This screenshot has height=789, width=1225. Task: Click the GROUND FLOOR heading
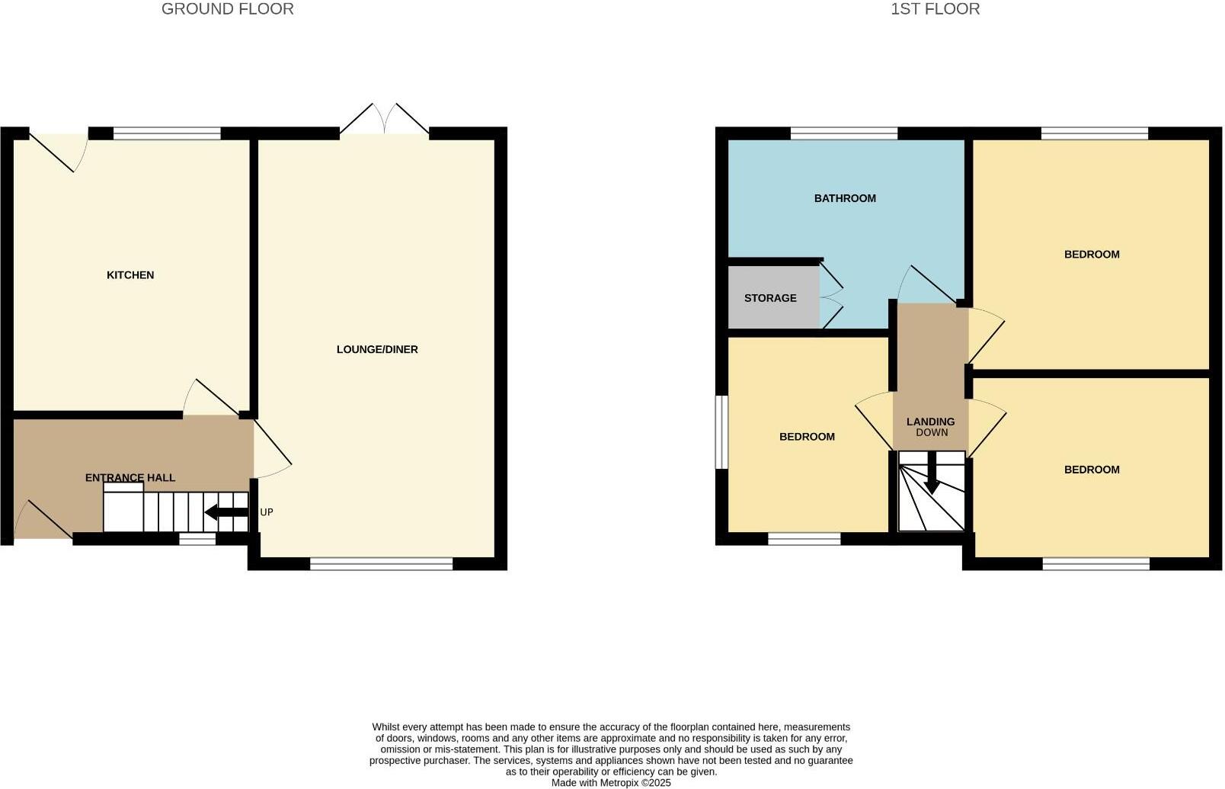pos(227,9)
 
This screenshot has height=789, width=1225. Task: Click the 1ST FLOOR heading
pos(935,9)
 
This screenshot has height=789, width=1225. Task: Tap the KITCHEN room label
pos(130,275)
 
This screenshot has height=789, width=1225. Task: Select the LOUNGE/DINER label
pos(377,349)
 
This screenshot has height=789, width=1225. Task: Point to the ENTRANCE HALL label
pos(130,478)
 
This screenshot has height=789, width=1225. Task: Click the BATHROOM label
pos(845,198)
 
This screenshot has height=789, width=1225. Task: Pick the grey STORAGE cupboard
pos(771,298)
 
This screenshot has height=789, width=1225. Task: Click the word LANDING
pos(930,422)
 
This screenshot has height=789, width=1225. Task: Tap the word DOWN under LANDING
pos(932,432)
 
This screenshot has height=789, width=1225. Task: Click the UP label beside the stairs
pos(267,512)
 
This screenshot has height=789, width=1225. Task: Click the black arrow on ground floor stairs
pos(226,512)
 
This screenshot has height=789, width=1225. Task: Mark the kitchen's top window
pos(167,134)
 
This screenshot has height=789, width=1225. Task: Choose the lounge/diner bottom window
pos(381,564)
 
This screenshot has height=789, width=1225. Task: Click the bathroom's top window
pos(843,134)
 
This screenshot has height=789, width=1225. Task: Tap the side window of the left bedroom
pos(721,431)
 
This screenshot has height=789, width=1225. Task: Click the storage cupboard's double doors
pos(830,297)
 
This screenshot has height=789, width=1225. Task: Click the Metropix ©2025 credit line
pos(611,782)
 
